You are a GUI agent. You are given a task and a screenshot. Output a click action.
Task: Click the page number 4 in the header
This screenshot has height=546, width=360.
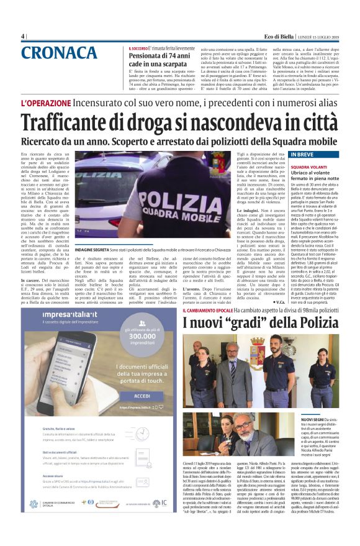click(x=24, y=37)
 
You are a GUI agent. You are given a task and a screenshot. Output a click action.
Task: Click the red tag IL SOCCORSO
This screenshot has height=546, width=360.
click(x=139, y=48)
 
